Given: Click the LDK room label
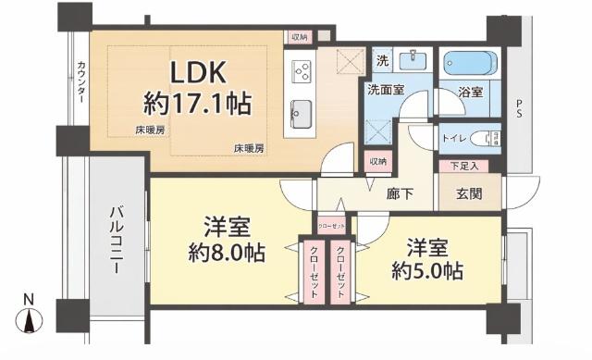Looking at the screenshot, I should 195,71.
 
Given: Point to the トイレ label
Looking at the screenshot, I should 454,139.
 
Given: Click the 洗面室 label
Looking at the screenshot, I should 385,91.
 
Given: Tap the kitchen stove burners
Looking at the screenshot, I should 302,70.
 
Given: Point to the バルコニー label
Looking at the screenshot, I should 117,240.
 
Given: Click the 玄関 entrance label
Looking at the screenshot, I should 470,195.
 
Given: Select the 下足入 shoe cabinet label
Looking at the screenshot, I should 464,167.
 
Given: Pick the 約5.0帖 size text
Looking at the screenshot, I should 426,271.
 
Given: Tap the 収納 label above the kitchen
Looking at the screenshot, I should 298,37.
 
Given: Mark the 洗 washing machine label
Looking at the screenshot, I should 382,62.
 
